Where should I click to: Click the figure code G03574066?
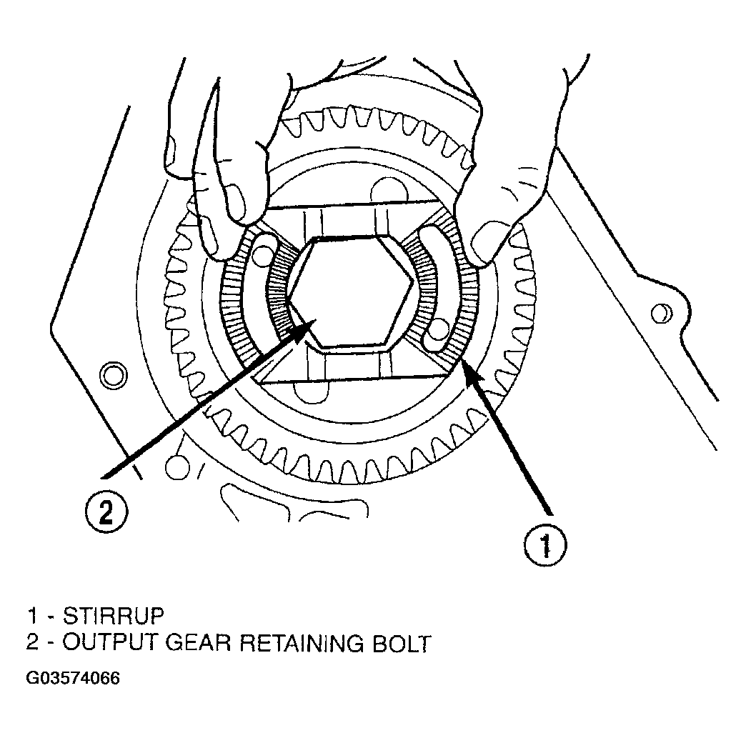tap(73, 678)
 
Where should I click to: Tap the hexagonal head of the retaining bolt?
tap(350, 291)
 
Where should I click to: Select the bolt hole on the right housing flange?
tap(661, 314)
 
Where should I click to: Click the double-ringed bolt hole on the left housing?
tap(113, 375)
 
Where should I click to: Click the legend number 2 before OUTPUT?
tap(32, 643)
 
